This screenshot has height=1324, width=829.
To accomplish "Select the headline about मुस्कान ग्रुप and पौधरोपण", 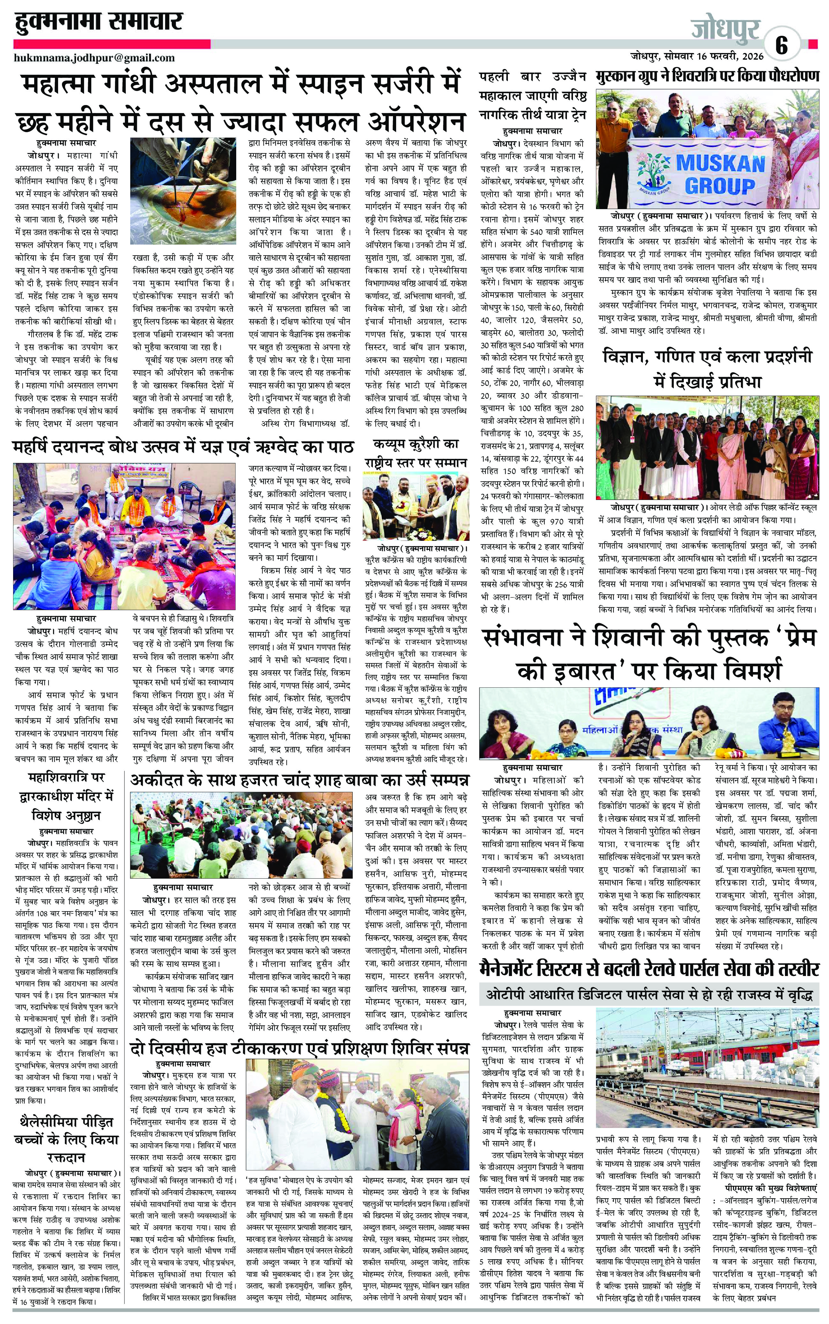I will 707,76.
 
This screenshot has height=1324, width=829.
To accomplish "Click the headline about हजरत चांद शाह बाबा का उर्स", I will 299,780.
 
